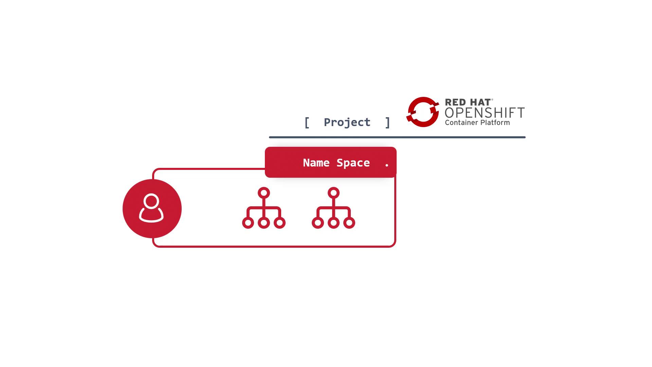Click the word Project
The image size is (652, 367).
click(347, 122)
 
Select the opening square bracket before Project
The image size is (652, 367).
click(307, 122)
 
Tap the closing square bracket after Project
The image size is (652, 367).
click(387, 122)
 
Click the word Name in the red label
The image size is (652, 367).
click(316, 163)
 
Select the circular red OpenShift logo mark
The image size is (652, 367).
click(423, 112)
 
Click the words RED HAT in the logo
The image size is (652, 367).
click(468, 102)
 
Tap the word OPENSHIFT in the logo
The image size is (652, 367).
click(485, 113)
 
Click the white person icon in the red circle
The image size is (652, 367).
click(151, 208)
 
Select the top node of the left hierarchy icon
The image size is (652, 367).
click(264, 193)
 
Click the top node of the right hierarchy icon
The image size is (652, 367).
click(333, 193)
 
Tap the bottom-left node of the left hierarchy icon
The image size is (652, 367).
click(248, 223)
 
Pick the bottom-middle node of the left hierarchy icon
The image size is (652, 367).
click(264, 223)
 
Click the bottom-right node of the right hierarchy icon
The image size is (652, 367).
click(349, 223)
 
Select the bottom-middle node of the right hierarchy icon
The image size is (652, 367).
click(333, 223)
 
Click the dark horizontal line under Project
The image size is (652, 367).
click(397, 137)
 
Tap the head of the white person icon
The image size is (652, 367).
click(151, 201)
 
